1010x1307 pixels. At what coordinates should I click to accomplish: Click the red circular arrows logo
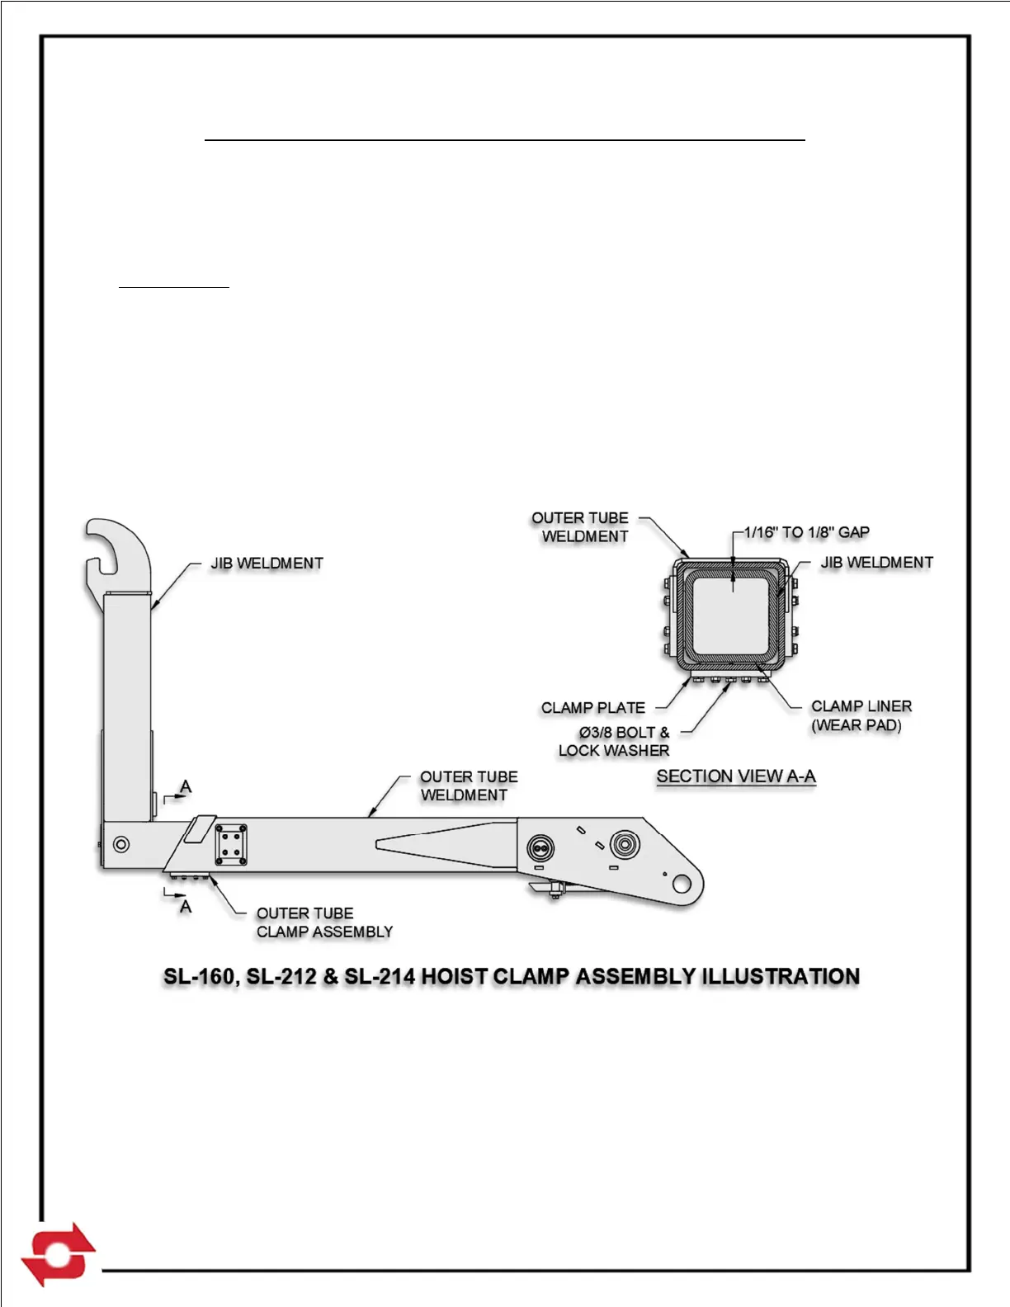click(58, 1254)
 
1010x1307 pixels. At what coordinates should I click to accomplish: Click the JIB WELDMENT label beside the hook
click(267, 564)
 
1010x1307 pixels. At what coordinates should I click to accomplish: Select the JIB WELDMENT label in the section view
click(876, 563)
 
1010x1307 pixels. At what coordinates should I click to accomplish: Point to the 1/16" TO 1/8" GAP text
click(806, 532)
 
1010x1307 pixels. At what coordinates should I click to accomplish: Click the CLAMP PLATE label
click(592, 708)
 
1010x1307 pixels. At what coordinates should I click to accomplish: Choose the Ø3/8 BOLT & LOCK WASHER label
click(616, 741)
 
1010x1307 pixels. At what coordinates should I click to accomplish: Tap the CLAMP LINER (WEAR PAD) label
click(861, 715)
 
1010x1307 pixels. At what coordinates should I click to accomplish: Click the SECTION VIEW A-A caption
click(735, 776)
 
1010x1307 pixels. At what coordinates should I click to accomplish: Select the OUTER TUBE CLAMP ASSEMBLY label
click(323, 922)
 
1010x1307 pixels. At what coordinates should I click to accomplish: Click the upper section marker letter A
click(186, 786)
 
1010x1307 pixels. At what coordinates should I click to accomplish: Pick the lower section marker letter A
click(186, 907)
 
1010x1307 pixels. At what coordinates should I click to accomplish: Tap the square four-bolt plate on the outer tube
click(232, 844)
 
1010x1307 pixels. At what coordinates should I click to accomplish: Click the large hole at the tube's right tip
click(682, 885)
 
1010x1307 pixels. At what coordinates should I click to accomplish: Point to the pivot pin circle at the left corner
click(121, 844)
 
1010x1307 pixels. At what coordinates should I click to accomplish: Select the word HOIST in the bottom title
click(454, 977)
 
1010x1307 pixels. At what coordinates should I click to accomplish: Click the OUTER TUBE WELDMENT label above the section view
click(581, 527)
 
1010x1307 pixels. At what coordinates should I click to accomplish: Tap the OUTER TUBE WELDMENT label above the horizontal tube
click(468, 786)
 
